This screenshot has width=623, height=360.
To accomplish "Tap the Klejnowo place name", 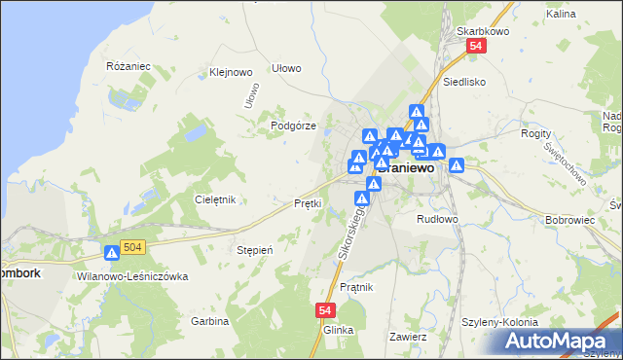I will tap(232, 72).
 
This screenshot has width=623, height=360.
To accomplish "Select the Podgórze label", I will tap(294, 126).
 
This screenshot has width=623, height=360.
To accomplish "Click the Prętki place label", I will tap(308, 203).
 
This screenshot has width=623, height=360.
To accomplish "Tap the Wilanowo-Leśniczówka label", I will tap(131, 276).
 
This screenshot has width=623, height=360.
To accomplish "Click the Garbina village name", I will tap(209, 321).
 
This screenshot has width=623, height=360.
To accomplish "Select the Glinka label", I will tap(338, 330).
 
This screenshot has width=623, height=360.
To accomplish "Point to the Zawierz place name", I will tap(408, 337).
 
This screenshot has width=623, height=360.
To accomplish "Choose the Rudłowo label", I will tap(437, 219).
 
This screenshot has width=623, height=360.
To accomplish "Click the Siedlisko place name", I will tap(464, 83).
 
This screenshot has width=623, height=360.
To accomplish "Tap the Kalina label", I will tap(588, 15).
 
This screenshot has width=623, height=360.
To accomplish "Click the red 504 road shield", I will tap(134, 249).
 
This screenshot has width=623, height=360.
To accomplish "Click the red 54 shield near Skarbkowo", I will tap(475, 47).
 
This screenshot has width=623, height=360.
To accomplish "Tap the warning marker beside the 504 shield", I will tap(112, 253).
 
